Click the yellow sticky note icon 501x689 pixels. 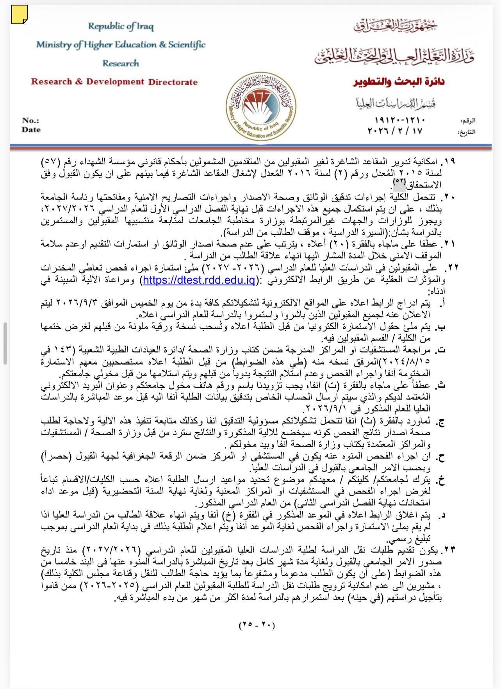pyautogui.click(x=19, y=15)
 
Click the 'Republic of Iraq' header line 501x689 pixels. pyautogui.click(x=121, y=27)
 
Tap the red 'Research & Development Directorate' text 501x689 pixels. pyautogui.click(x=114, y=82)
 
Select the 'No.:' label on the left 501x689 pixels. pyautogui.click(x=30, y=121)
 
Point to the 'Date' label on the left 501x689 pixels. pyautogui.click(x=31, y=130)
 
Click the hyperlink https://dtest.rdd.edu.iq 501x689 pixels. pyautogui.click(x=199, y=280)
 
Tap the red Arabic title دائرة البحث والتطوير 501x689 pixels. pyautogui.click(x=399, y=82)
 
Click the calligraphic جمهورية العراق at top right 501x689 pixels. pyautogui.click(x=395, y=26)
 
